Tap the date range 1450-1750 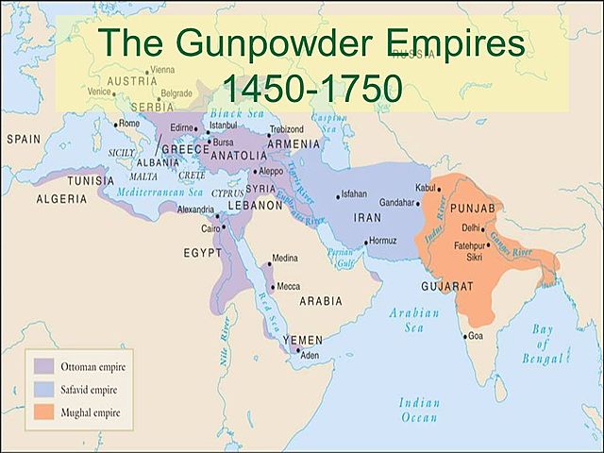pyautogui.click(x=311, y=91)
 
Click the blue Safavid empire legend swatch pyautogui.click(x=43, y=389)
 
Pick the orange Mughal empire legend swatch pyautogui.click(x=43, y=412)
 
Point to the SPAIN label pyautogui.click(x=24, y=139)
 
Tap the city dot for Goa pyautogui.click(x=461, y=334)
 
